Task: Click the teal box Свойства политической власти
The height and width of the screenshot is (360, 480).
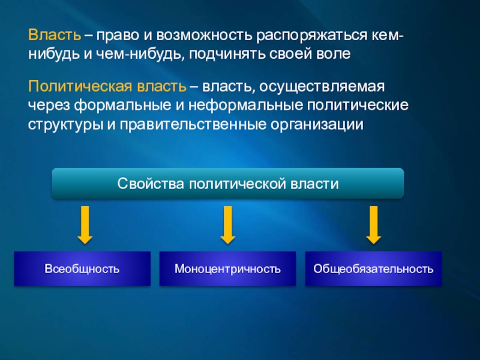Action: tap(228, 184)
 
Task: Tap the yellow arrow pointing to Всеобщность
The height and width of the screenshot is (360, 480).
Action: tap(85, 225)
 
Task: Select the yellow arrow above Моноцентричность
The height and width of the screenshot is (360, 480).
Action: tap(227, 225)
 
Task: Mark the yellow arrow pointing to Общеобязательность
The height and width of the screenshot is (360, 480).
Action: tap(374, 225)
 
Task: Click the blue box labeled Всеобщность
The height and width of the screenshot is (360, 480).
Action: tap(82, 268)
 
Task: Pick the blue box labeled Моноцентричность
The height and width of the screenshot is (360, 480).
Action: tap(228, 268)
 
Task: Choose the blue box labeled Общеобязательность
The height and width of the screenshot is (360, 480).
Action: tap(373, 268)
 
